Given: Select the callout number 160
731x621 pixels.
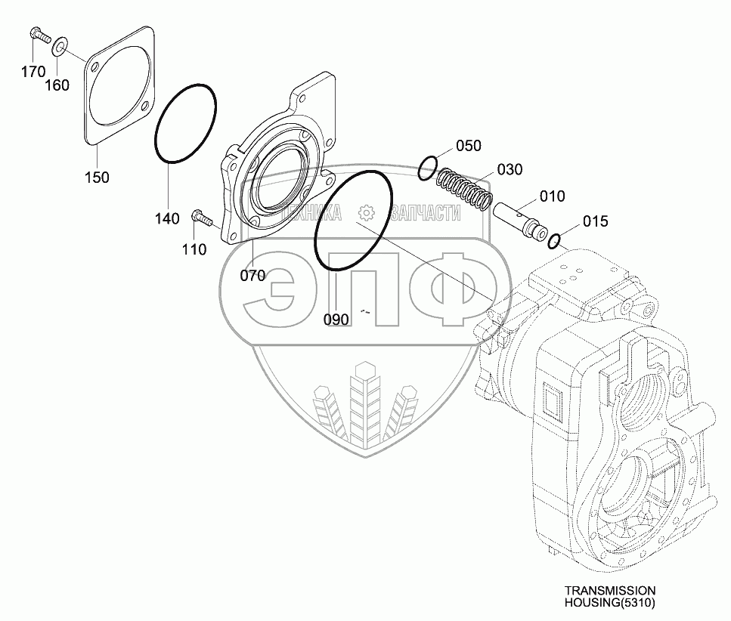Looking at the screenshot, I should coord(57,85).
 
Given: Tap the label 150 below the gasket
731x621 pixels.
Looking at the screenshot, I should coord(97,178).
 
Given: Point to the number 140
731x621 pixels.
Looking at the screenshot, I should coord(167,219).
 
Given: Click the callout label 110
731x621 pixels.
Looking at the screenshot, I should coord(194,249).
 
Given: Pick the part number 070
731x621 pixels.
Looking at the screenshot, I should coord(252,276).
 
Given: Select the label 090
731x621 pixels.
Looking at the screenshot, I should coord(336,320).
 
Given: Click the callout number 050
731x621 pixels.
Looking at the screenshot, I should coord(469,145).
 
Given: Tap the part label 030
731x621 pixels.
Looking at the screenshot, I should coord(510,170).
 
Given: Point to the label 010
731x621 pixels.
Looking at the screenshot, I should coord(552,196).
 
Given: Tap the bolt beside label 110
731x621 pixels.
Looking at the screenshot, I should coord(203,218).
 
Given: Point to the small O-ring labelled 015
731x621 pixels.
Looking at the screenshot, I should coord(554,241).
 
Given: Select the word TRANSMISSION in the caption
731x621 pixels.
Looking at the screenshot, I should coord(609,590).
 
